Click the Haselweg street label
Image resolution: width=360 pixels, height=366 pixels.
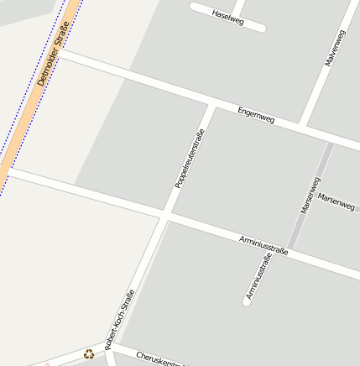[x=228, y=18]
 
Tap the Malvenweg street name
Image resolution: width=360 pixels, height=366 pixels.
[x=334, y=49]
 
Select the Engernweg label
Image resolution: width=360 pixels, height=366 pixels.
[x=256, y=115]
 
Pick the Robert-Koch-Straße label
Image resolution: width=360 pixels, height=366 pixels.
[x=119, y=321]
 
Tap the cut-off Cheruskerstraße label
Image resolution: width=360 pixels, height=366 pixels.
[x=159, y=358]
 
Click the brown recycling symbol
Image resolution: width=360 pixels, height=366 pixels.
[x=89, y=354]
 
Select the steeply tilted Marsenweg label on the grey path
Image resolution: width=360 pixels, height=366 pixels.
[x=310, y=195]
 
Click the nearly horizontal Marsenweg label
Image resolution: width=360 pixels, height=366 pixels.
[x=337, y=201]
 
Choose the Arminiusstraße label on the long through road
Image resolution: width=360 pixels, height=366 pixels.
[x=263, y=245]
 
